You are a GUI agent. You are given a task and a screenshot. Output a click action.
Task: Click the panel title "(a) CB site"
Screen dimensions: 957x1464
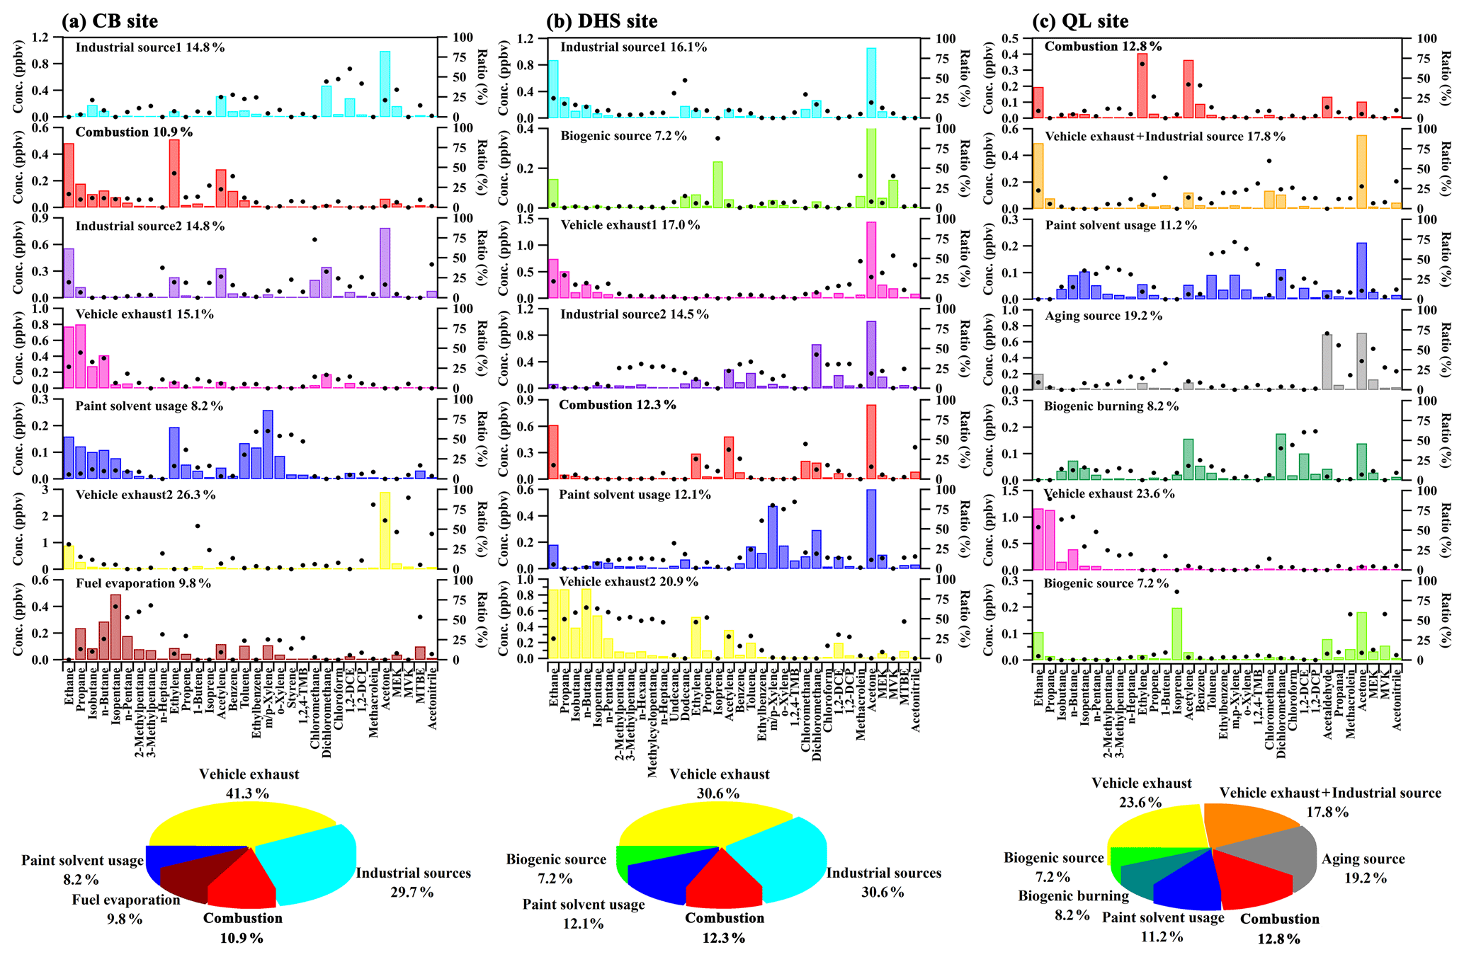[x=110, y=21]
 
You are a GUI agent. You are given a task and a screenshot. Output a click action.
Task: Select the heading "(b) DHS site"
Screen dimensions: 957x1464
[x=601, y=21]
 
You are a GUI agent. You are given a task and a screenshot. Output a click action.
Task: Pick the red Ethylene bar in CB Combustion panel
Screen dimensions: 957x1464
[x=174, y=174]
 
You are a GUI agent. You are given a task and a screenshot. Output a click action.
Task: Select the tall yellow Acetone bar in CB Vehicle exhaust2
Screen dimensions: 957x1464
[x=385, y=531]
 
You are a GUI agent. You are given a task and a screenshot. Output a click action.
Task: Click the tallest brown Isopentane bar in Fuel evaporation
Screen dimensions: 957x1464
[x=115, y=627]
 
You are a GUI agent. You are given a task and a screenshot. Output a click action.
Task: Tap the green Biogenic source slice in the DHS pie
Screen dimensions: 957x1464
[x=623, y=860]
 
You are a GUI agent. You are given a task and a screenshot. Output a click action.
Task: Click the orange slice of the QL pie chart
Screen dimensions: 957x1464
[x=1247, y=825]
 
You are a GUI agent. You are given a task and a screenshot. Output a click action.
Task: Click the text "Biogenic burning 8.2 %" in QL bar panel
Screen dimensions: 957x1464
[x=1111, y=406]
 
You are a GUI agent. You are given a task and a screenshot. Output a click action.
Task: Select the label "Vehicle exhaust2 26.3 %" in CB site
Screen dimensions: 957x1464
[x=145, y=495]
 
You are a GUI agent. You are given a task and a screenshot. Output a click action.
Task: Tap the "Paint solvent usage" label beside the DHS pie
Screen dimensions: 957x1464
[x=584, y=905]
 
